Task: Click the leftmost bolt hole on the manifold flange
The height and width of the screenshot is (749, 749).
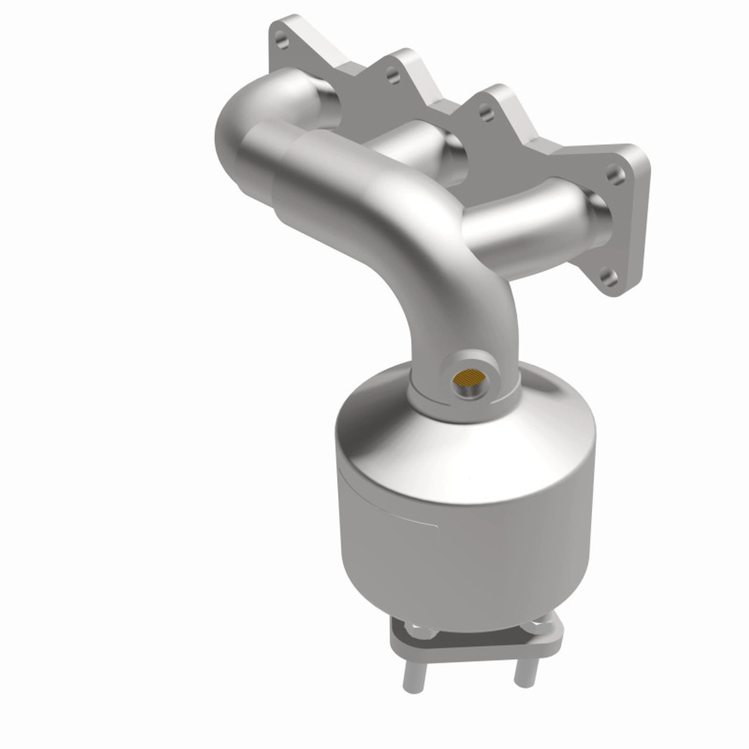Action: click(x=283, y=42)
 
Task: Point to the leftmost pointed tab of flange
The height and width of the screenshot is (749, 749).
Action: click(x=281, y=29)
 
